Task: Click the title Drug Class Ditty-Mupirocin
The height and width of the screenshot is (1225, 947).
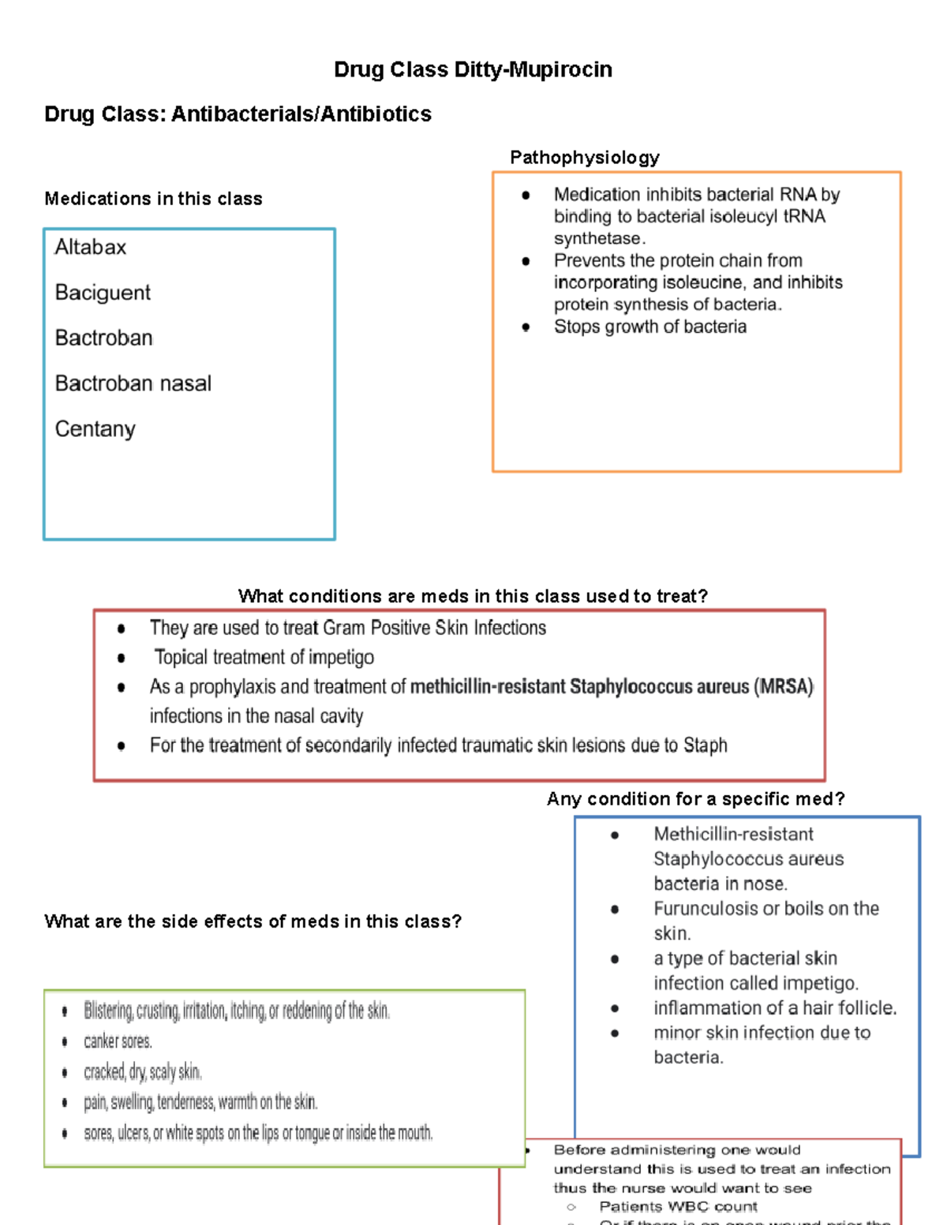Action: [x=473, y=69]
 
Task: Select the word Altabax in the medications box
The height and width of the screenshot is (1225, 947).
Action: [x=90, y=247]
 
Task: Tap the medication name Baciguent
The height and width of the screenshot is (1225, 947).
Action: [x=103, y=293]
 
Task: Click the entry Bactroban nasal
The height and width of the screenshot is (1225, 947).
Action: [x=133, y=383]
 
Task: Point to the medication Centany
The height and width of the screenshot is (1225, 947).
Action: [x=95, y=429]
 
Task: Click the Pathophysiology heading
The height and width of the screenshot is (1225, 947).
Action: [x=584, y=157]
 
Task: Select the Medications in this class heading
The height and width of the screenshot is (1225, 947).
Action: [x=153, y=199]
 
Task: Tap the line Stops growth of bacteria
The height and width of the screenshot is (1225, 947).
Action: [x=649, y=327]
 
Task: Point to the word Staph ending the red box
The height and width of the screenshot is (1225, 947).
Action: [x=705, y=745]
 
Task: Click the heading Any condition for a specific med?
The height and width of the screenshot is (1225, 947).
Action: [x=695, y=799]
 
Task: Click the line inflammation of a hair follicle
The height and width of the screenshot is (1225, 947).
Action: [x=774, y=1007]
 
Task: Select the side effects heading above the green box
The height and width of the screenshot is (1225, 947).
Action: [x=253, y=921]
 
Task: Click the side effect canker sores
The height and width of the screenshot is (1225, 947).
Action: [x=118, y=1041]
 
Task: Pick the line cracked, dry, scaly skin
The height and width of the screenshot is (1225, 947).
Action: [x=142, y=1072]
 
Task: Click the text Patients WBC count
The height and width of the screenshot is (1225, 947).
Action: [x=678, y=1207]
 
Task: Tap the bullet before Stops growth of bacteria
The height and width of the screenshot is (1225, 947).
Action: [x=526, y=327]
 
